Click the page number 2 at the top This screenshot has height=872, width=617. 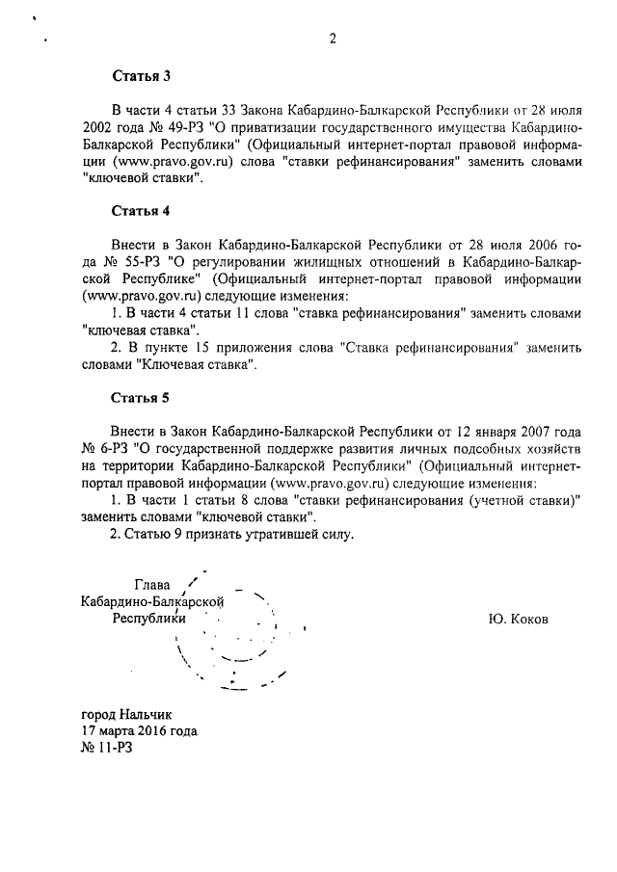coord(332,39)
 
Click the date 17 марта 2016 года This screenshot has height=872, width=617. coord(141,730)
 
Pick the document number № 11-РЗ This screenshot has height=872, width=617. coord(108,748)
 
